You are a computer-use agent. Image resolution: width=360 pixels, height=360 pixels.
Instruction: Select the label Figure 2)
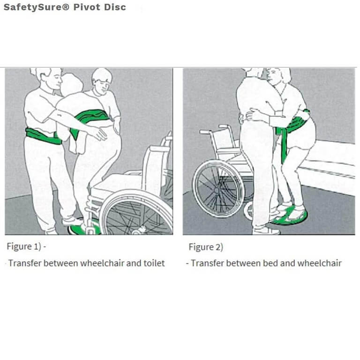click(206, 247)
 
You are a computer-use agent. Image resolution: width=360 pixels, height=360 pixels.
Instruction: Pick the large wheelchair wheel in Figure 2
click(217, 187)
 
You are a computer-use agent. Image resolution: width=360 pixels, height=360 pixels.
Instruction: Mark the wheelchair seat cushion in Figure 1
click(117, 180)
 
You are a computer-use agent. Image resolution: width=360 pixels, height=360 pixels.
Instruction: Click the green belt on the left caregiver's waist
click(42, 136)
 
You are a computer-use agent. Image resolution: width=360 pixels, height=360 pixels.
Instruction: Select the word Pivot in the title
click(89, 7)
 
